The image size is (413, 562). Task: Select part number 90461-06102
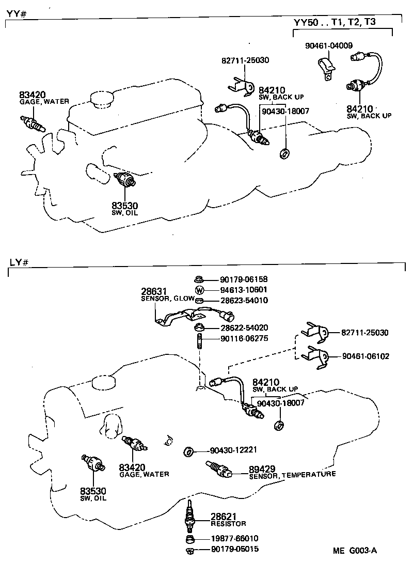366,356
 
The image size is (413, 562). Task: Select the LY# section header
18,262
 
